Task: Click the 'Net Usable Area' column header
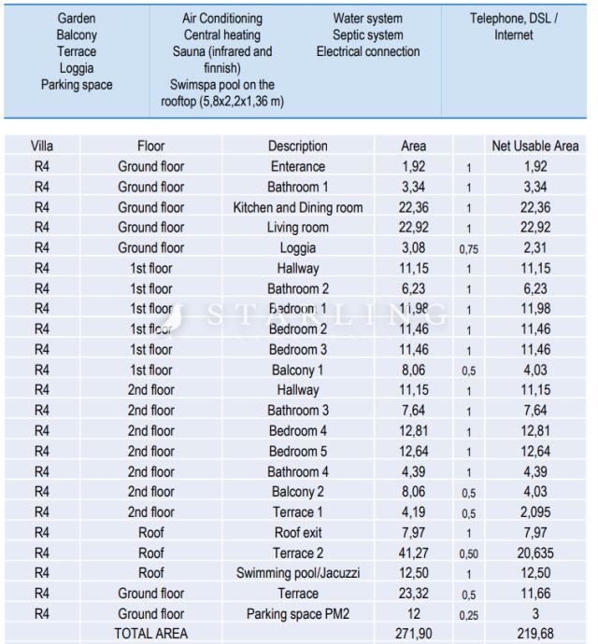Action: pyautogui.click(x=534, y=147)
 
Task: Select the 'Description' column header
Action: pyautogui.click(x=297, y=147)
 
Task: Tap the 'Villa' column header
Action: pyautogui.click(x=41, y=147)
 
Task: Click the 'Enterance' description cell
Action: pyautogui.click(x=297, y=167)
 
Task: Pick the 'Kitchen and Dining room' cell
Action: pyautogui.click(x=297, y=207)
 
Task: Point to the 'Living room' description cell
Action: pyautogui.click(x=297, y=228)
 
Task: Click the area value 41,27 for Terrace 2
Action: pyautogui.click(x=413, y=553)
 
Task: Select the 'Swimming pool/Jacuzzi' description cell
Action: pyautogui.click(x=297, y=573)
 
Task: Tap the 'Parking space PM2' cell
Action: pyautogui.click(x=297, y=613)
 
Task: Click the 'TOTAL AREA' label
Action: pyautogui.click(x=150, y=634)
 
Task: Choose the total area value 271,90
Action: pyautogui.click(x=413, y=634)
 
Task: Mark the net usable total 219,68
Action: pyautogui.click(x=534, y=634)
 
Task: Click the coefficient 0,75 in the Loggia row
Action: pyautogui.click(x=468, y=249)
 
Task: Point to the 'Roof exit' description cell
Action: pyautogui.click(x=297, y=532)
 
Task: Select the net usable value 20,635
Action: pyautogui.click(x=534, y=553)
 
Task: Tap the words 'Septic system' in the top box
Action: pyautogui.click(x=367, y=35)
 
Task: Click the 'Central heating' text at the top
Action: pyautogui.click(x=222, y=35)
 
